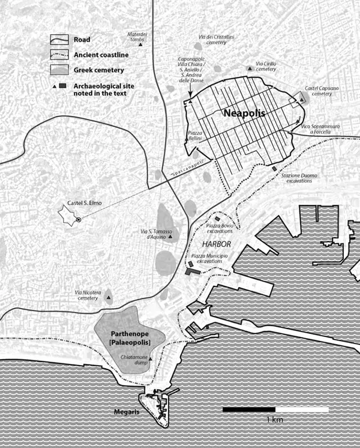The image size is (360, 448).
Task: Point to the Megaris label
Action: click(x=127, y=412)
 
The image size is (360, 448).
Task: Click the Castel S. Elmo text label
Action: click(x=85, y=204)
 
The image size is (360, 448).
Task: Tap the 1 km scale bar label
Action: click(x=274, y=419)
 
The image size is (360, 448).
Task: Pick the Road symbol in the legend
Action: click(x=60, y=40)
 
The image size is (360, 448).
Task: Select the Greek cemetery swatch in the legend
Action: click(x=60, y=71)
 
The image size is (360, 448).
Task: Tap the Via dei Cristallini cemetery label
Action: click(x=212, y=40)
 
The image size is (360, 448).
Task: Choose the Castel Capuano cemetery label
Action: click(x=318, y=91)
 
